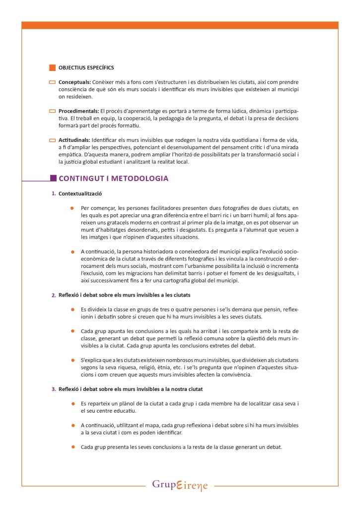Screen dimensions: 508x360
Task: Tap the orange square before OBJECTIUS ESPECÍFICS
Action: click(x=52, y=67)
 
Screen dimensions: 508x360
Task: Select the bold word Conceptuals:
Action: click(x=74, y=82)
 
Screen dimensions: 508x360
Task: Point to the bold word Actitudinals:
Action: click(x=74, y=140)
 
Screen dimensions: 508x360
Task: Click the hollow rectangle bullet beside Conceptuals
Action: click(x=52, y=82)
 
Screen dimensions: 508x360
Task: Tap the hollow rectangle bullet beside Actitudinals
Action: click(x=52, y=140)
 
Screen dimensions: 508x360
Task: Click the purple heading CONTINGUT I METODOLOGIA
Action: click(x=113, y=178)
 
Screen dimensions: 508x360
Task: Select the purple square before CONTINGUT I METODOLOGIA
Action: click(x=53, y=178)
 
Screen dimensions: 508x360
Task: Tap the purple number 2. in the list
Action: click(x=53, y=295)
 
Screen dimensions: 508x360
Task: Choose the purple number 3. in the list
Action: click(x=53, y=389)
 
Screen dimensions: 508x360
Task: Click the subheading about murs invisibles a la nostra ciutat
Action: click(x=131, y=389)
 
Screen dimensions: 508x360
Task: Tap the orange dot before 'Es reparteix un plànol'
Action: click(x=72, y=404)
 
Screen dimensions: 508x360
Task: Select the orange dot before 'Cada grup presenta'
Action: click(x=72, y=446)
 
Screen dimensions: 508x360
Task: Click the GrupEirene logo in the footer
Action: click(x=180, y=485)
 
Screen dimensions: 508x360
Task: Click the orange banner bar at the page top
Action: click(x=180, y=25)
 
